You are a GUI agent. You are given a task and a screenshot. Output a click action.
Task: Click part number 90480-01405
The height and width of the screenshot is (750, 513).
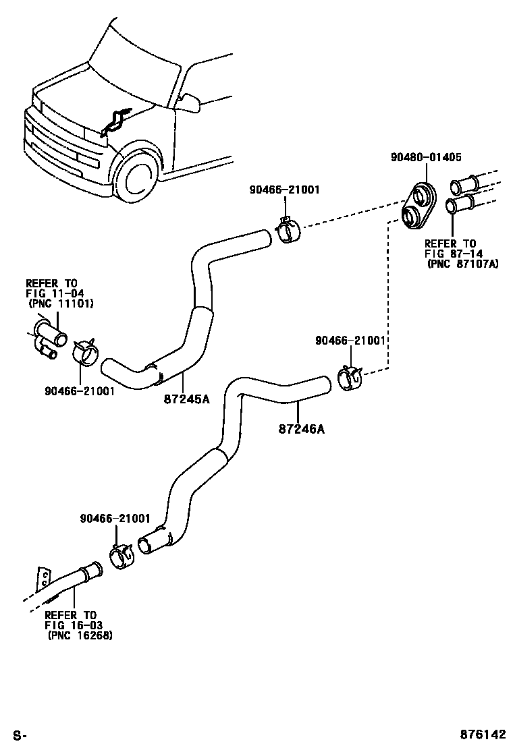click(x=426, y=157)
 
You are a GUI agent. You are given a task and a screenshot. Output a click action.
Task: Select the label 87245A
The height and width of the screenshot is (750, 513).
click(x=186, y=399)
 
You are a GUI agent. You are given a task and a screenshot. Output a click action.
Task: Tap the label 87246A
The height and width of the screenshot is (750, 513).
click(x=302, y=429)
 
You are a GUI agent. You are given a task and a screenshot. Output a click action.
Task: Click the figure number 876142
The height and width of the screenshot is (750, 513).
click(x=483, y=734)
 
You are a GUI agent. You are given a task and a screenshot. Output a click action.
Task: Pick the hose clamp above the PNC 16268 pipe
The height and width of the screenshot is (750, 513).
click(x=124, y=556)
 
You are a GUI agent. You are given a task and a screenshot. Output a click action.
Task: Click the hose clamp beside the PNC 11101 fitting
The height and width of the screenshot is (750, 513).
click(x=86, y=353)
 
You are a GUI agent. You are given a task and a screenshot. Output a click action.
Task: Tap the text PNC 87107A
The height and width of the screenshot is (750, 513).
click(x=462, y=264)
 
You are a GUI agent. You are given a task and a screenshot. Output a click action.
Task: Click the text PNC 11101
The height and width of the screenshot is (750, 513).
click(x=61, y=304)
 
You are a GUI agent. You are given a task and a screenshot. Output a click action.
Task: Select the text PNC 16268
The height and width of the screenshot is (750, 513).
click(x=80, y=636)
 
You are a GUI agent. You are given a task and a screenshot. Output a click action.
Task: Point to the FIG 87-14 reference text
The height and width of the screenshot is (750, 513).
click(x=454, y=254)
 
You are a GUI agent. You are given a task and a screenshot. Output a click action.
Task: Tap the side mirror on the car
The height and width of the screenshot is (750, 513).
click(x=190, y=102)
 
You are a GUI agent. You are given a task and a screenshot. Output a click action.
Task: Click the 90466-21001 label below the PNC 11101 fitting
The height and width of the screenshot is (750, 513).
click(x=80, y=391)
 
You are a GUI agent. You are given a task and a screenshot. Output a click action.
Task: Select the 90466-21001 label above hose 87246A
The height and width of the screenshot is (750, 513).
click(x=350, y=340)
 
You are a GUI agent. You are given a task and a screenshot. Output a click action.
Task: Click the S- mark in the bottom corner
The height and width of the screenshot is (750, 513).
click(x=20, y=734)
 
